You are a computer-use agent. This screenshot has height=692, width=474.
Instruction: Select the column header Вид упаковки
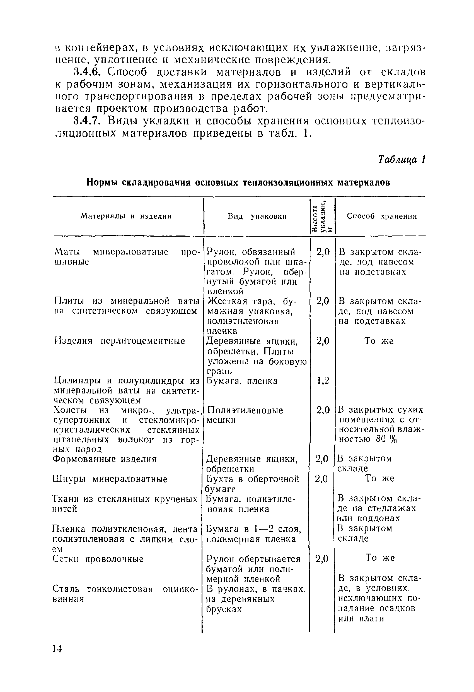[x=257, y=217]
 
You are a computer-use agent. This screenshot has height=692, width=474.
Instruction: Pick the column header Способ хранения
[x=382, y=217]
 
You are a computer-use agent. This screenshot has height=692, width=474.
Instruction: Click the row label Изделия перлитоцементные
[x=120, y=341]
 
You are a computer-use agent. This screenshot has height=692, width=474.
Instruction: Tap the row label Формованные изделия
[x=105, y=459]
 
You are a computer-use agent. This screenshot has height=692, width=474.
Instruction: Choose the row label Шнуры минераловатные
[x=110, y=479]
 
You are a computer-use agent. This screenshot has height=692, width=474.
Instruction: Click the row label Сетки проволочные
[x=98, y=559]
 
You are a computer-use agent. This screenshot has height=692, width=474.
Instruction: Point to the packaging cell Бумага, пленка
[x=242, y=381]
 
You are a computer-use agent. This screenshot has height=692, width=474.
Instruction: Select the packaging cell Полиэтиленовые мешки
[x=244, y=415]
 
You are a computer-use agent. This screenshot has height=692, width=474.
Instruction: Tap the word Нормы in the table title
[x=102, y=182]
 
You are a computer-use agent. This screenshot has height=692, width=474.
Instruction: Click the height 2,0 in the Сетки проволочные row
[x=322, y=559]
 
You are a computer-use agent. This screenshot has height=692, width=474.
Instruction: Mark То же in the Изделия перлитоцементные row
[x=379, y=341]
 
